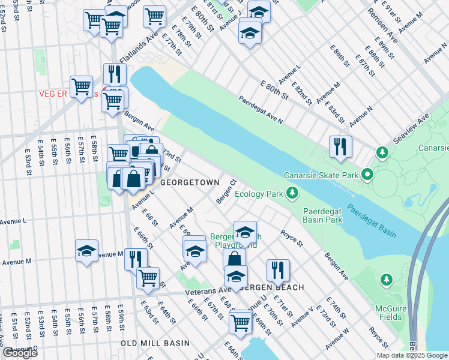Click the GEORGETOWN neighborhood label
(185, 181)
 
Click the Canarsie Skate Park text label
(321, 175)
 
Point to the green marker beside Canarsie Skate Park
(367, 175)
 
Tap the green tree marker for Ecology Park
(292, 193)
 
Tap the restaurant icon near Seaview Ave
(340, 146)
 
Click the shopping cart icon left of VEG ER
(81, 86)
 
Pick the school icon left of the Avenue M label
(87, 250)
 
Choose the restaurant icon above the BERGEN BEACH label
(278, 270)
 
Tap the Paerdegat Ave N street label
(261, 110)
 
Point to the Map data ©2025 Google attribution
(411, 355)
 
